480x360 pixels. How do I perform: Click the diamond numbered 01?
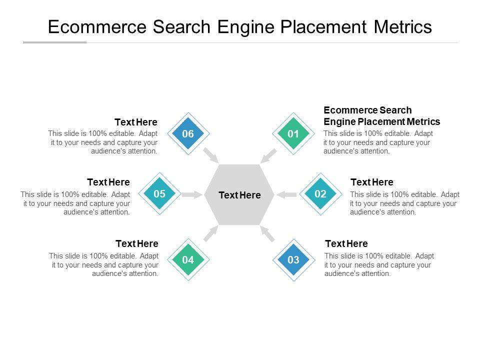pos(293,133)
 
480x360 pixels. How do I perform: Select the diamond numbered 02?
pos(320,194)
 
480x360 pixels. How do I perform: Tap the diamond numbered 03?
pos(293,259)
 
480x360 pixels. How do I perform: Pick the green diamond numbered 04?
pos(188,259)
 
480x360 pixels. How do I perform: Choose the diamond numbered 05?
pos(159,194)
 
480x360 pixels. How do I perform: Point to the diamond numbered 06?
pos(188,133)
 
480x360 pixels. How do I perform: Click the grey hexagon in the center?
pos(240,194)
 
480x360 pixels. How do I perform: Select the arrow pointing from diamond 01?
pos(268,155)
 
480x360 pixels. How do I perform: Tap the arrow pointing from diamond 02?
pos(287,194)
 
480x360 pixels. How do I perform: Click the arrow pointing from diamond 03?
pos(268,233)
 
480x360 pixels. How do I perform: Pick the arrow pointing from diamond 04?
pos(211,233)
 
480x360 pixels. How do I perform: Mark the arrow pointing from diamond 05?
pos(191,194)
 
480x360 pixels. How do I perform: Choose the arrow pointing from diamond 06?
pos(211,155)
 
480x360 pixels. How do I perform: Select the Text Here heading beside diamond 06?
pos(136,122)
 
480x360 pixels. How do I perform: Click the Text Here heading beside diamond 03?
pos(346,243)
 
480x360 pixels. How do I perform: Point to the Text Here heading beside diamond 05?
pos(108,182)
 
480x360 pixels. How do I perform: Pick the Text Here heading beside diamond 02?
pos(372,182)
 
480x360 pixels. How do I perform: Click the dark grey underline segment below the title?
pos(54,42)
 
